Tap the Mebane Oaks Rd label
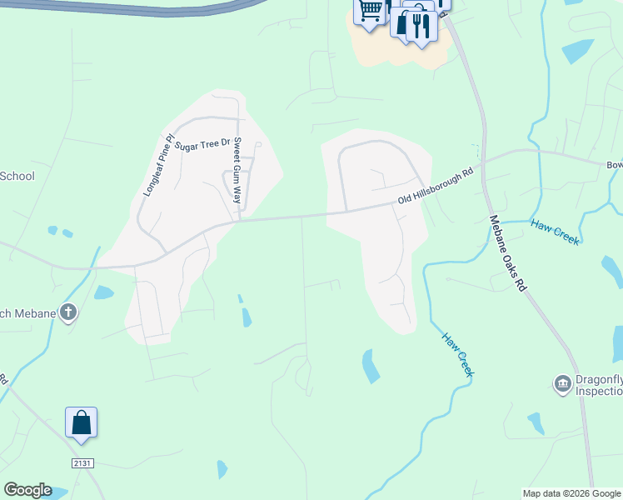tap(508, 252)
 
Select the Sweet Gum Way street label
tap(237, 171)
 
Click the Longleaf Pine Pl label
tap(158, 165)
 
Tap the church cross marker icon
tap(68, 313)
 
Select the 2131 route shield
tap(81, 461)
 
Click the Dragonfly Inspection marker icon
tap(562, 383)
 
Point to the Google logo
tap(27, 490)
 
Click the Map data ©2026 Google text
tap(571, 493)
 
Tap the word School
tap(17, 176)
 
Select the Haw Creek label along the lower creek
tap(457, 355)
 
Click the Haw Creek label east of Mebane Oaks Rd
tap(555, 232)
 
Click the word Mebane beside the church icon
tap(34, 313)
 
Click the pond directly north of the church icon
tap(103, 292)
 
